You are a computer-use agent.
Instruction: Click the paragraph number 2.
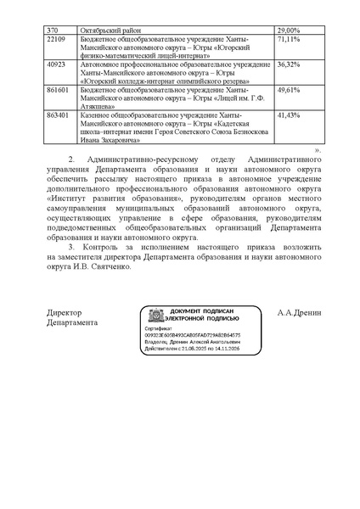point(74,159)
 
